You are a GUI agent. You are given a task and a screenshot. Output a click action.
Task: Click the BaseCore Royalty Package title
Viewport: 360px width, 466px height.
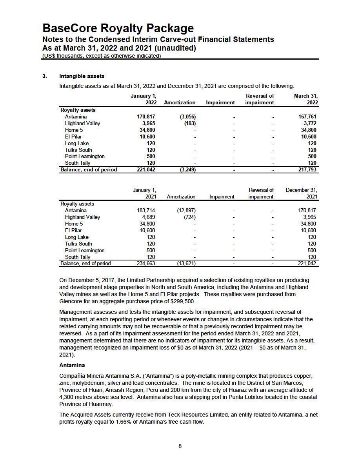(x=118, y=28)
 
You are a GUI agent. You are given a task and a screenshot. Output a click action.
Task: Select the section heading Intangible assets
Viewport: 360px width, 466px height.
(x=82, y=76)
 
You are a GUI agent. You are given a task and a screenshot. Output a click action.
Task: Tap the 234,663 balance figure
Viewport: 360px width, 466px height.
(x=145, y=264)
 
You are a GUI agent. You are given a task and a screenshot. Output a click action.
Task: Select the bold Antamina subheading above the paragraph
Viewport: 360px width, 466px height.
(x=72, y=365)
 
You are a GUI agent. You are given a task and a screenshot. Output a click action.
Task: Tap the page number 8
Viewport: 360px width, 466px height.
(x=180, y=446)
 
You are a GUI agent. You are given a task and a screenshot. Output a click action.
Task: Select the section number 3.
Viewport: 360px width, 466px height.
(x=44, y=76)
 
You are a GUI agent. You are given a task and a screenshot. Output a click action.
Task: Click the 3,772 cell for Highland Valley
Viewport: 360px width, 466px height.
(x=309, y=123)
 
